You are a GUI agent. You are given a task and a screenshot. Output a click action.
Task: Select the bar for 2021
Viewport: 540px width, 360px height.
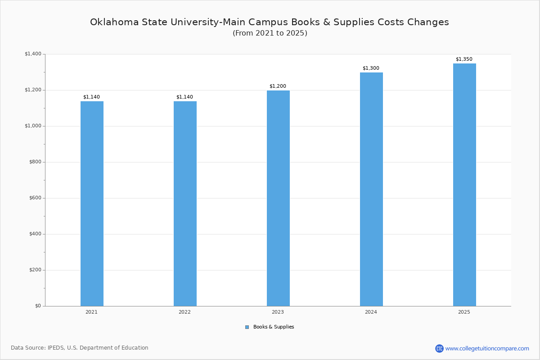[x=92, y=203]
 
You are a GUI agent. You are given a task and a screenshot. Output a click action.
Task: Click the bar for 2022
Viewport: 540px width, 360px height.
[x=185, y=203]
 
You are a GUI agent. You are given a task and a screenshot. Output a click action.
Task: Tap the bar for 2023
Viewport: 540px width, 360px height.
[x=278, y=198]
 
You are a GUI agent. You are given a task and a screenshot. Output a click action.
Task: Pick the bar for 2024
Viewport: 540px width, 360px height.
[x=371, y=189]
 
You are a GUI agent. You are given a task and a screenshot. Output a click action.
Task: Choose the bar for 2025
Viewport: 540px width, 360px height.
[x=464, y=184]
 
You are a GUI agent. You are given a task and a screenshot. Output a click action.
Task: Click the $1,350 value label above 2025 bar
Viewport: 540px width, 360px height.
[x=464, y=59]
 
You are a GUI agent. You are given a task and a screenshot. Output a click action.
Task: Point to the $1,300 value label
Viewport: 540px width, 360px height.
[x=371, y=68]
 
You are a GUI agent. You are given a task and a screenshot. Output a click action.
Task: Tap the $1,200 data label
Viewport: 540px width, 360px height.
[x=278, y=86]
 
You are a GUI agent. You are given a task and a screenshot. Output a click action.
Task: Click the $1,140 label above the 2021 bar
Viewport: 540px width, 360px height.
[x=91, y=97]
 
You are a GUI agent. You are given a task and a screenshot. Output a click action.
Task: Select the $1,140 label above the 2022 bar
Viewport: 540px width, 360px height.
[x=184, y=97]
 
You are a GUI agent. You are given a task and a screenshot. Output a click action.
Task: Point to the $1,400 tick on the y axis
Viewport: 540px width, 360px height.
[x=33, y=54]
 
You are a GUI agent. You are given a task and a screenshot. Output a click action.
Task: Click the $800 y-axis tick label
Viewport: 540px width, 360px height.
[x=35, y=162]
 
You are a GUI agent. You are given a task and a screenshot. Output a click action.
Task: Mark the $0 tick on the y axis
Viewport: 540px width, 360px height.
[x=38, y=306]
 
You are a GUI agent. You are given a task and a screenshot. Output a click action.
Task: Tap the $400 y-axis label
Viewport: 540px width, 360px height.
[x=35, y=234]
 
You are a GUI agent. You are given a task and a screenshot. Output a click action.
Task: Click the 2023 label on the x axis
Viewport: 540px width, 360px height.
[x=278, y=312]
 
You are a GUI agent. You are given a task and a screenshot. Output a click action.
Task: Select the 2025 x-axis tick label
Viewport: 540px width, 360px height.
[x=464, y=312]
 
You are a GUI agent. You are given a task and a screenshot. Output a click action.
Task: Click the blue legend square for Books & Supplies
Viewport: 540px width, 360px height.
[x=247, y=327]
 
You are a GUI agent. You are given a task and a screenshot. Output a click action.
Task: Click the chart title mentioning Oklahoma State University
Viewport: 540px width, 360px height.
[x=270, y=22]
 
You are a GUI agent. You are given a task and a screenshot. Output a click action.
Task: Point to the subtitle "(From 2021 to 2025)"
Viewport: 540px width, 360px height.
[x=270, y=33]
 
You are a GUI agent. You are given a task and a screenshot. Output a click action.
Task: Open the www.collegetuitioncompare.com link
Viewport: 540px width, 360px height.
[x=487, y=348]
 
